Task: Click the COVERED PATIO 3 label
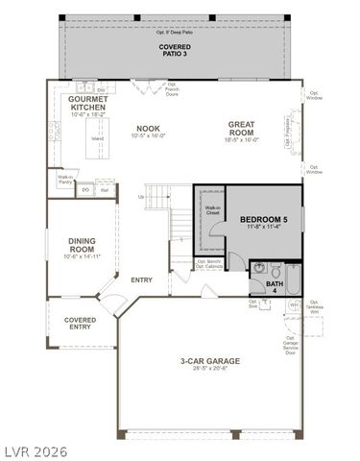(175, 51)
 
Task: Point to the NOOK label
(148, 128)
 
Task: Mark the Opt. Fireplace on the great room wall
(289, 133)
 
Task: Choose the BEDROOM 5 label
(263, 219)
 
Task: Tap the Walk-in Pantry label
(65, 179)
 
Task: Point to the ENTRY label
(142, 279)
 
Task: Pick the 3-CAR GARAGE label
(209, 361)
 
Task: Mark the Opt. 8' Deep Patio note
(175, 32)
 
